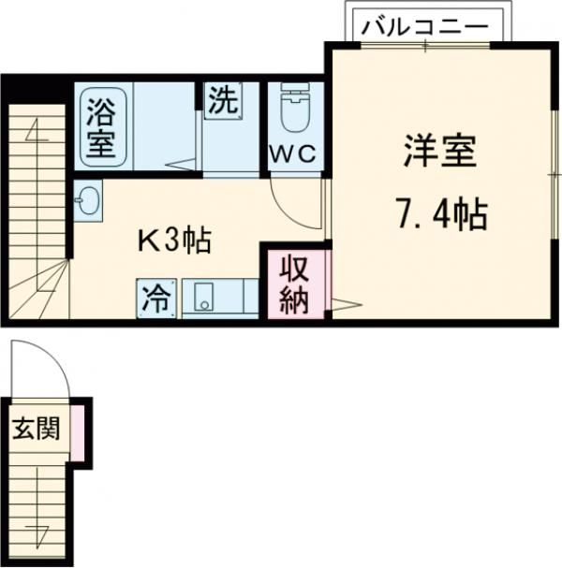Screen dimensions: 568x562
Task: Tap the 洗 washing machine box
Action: pyautogui.click(x=222, y=99)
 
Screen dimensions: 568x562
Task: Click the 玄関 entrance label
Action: pyautogui.click(x=36, y=430)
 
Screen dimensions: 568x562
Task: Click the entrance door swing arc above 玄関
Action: pyautogui.click(x=47, y=370)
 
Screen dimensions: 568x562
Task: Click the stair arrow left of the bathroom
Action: pyautogui.click(x=37, y=131)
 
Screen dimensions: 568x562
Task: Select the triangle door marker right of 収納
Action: pyautogui.click(x=342, y=304)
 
